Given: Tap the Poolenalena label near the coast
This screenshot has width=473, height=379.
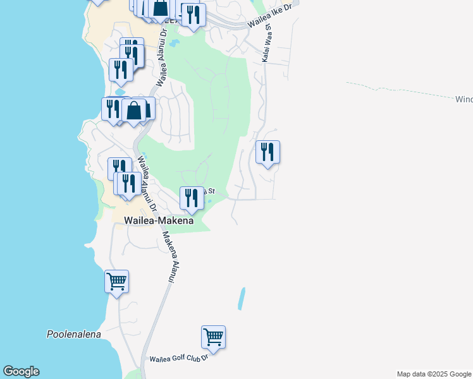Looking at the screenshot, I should (x=74, y=334).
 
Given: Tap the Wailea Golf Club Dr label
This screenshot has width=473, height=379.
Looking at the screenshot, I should (x=178, y=359).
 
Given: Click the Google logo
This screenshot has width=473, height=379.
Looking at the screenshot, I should (x=21, y=371).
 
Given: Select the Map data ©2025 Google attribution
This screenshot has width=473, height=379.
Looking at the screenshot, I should (x=434, y=374).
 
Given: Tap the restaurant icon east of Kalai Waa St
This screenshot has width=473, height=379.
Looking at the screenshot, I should (x=267, y=152).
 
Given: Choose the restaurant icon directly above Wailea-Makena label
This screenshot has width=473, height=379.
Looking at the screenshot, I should (x=192, y=198).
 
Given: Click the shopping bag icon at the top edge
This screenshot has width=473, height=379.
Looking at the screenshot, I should (x=161, y=8).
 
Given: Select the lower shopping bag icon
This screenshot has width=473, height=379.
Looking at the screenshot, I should (x=135, y=111).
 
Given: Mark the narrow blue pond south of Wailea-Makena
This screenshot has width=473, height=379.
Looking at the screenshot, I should (x=241, y=298).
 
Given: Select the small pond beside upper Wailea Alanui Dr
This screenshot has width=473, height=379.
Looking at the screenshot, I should (x=175, y=44).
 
